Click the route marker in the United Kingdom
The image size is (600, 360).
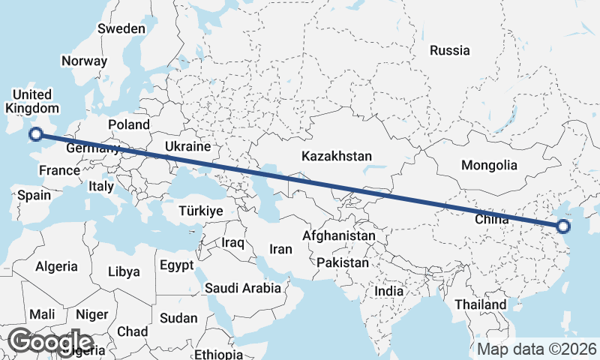coord(34,135)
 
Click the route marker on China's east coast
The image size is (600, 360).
coord(563,226)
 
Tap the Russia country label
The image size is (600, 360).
coord(449,51)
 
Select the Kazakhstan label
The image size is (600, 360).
coord(337,156)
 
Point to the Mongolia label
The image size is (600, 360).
coord(489,165)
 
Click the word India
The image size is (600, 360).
coord(389,291)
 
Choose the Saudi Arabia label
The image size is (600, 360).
coord(243,287)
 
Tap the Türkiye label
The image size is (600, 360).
coord(201,211)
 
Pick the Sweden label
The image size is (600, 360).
coord(121,28)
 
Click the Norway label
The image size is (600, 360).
coord(84,61)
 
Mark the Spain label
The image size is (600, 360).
coord(34,195)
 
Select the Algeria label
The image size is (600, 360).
coord(56,266)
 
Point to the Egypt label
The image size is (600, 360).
coord(177,265)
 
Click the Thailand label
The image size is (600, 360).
coord(480,305)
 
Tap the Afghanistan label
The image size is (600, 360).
coord(338,235)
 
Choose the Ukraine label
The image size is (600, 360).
coord(187,146)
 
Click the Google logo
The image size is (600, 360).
coord(50,341)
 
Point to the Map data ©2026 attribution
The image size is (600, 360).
coord(536,349)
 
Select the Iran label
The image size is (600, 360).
coord(280,249)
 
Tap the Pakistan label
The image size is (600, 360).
coord(343,263)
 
